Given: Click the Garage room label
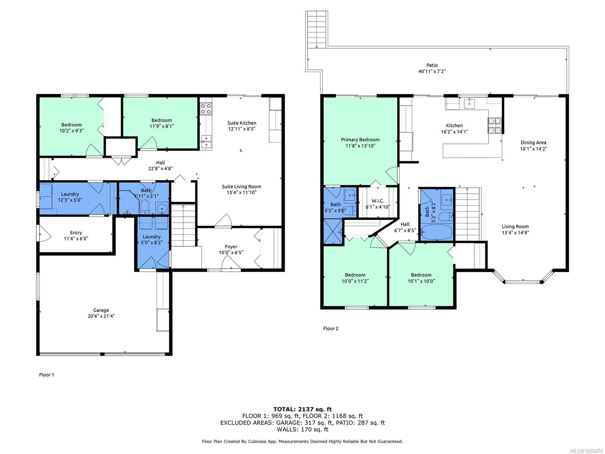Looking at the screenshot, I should (101, 310).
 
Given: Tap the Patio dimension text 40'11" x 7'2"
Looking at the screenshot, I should (432, 71).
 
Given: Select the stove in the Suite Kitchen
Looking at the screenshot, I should (206, 109).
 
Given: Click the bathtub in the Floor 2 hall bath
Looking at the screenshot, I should (436, 232).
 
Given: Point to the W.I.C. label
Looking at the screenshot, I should (377, 201).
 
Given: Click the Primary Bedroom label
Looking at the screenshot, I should (360, 140).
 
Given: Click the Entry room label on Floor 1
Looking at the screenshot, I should (76, 233).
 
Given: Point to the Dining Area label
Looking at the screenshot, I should (533, 143).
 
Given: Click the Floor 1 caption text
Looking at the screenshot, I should (47, 375).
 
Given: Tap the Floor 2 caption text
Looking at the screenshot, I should (330, 328).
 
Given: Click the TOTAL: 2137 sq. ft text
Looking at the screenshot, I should (302, 409).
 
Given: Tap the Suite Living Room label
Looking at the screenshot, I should (241, 187).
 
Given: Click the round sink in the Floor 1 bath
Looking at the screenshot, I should (162, 208).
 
